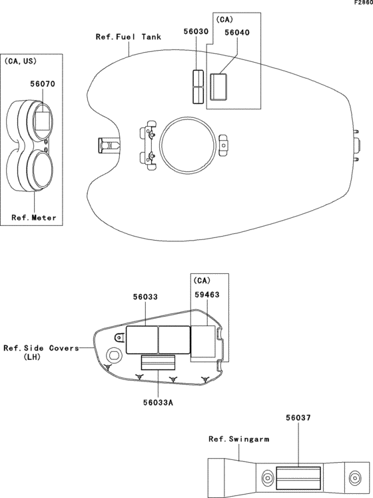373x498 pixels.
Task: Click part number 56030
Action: tap(196, 31)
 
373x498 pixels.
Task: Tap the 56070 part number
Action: tap(42, 84)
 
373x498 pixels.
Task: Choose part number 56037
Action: tap(298, 418)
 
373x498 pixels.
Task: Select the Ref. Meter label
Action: tap(34, 218)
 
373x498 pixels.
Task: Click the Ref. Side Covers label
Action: tap(40, 348)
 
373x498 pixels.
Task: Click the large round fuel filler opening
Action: tap(186, 143)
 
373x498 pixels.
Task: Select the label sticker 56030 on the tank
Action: tap(196, 86)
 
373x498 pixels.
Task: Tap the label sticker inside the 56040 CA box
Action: tap(218, 86)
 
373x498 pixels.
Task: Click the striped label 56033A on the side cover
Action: tap(157, 363)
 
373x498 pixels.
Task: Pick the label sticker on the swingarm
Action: tap(298, 478)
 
